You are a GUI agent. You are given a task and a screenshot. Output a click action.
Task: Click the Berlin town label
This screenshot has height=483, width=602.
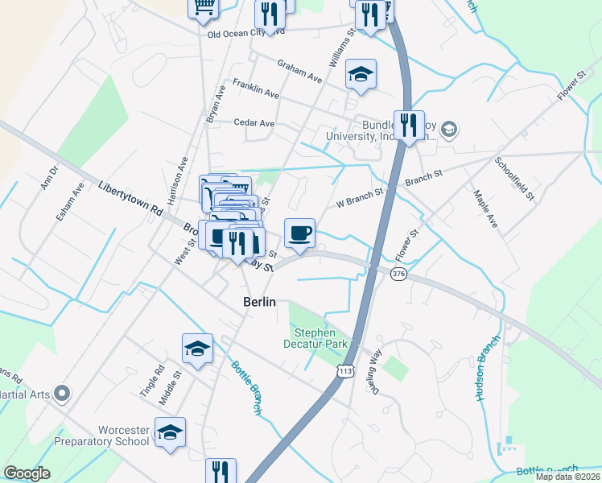(x=259, y=302)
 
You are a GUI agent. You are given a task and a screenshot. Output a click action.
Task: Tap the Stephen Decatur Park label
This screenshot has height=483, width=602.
(x=320, y=338)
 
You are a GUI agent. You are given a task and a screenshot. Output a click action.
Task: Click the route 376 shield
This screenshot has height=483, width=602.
(x=398, y=275)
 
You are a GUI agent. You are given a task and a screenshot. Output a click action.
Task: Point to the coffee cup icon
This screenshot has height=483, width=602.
(x=299, y=233)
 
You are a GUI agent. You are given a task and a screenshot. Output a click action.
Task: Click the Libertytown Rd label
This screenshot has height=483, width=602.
(x=130, y=198)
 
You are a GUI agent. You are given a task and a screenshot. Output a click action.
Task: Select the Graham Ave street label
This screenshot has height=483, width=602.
(x=299, y=72)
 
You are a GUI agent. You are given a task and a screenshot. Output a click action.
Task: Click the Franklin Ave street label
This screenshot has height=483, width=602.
(x=255, y=89)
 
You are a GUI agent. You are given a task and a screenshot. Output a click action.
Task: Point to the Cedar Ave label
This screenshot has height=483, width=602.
(x=254, y=123)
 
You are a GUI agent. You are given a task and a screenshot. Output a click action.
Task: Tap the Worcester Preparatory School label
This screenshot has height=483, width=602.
(x=101, y=436)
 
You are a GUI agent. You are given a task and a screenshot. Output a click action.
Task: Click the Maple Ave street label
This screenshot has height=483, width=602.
(x=486, y=208)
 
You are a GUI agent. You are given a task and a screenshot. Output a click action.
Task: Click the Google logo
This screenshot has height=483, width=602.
(x=27, y=473)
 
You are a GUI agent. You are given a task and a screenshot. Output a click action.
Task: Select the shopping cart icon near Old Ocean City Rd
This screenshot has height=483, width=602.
(x=204, y=6)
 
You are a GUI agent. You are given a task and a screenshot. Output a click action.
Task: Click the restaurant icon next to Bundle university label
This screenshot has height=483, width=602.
(x=409, y=125)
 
